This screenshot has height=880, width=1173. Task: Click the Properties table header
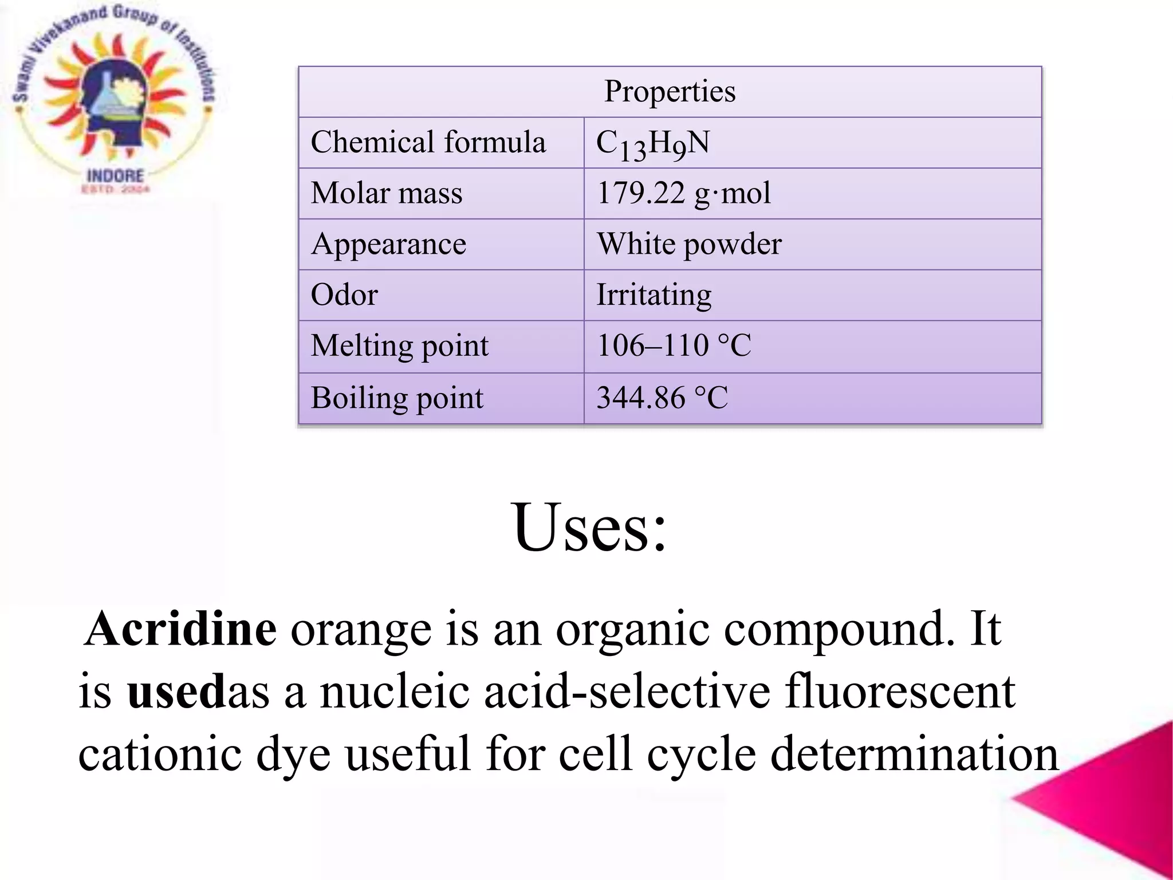pos(670,92)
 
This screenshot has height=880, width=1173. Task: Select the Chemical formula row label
pos(428,142)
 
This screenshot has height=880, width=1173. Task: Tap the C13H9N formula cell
pos(653,143)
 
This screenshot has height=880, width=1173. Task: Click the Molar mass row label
pos(387,193)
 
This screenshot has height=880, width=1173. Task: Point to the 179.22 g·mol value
pos(683,193)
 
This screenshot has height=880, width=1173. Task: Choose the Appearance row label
pos(388,244)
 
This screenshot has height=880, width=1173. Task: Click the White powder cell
pos(689,244)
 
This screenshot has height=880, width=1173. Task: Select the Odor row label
pos(344,295)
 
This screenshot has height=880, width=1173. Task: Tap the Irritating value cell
pos(654,295)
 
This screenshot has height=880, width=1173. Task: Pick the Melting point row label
pos(399,346)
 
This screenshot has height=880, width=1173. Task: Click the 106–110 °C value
pos(674,345)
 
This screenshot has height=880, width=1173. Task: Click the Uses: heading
pos(590,527)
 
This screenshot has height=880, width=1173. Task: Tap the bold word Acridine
pos(181,628)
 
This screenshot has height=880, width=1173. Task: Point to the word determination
pos(914,755)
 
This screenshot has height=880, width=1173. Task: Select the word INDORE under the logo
pos(115,175)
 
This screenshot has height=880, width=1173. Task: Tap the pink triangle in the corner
pos(1117,802)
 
